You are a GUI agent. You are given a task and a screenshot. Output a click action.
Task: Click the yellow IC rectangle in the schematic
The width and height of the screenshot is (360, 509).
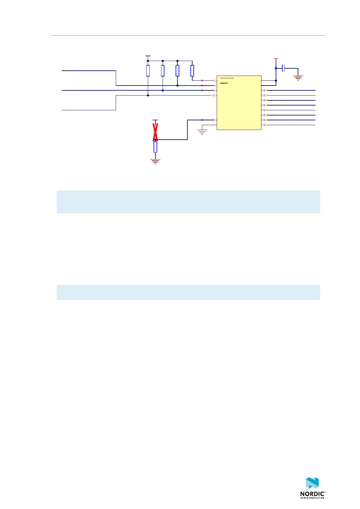pyautogui.click(x=239, y=103)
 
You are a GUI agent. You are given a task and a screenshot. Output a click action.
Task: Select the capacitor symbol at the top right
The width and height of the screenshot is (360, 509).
pyautogui.click(x=283, y=68)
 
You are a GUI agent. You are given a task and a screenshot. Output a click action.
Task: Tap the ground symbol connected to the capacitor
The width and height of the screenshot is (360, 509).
pyautogui.click(x=298, y=77)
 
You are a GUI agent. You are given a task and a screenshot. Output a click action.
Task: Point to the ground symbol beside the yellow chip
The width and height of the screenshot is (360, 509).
pyautogui.click(x=202, y=131)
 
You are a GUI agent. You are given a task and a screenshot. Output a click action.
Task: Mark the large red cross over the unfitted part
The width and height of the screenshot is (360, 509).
pyautogui.click(x=155, y=132)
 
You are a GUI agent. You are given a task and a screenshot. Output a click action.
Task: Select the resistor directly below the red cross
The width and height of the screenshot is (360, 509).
pyautogui.click(x=155, y=147)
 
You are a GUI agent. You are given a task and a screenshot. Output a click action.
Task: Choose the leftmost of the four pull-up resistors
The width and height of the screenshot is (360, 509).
pyautogui.click(x=148, y=70)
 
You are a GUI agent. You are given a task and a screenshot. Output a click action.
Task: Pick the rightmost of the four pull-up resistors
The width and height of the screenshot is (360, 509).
pyautogui.click(x=192, y=70)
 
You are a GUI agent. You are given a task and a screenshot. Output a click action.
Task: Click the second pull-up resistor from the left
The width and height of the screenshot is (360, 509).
pyautogui.click(x=163, y=70)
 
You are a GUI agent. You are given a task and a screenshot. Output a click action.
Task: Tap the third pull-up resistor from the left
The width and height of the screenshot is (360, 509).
pyautogui.click(x=177, y=70)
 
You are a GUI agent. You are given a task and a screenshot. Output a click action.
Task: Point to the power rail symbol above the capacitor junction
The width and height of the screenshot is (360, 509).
pyautogui.click(x=276, y=59)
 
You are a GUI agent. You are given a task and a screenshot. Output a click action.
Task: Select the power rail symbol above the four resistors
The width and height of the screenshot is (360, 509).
pyautogui.click(x=148, y=56)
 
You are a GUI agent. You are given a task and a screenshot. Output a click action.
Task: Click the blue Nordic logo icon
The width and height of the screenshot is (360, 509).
pyautogui.click(x=312, y=483)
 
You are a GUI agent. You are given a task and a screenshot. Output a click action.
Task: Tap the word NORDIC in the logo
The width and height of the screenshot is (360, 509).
pyautogui.click(x=313, y=494)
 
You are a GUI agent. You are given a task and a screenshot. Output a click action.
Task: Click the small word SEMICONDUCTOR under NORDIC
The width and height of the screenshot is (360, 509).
pyautogui.click(x=312, y=498)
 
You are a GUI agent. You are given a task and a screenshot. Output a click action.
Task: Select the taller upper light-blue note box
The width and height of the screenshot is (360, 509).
pyautogui.click(x=188, y=202)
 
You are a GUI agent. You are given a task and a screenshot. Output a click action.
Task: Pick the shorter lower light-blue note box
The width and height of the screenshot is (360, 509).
pyautogui.click(x=188, y=292)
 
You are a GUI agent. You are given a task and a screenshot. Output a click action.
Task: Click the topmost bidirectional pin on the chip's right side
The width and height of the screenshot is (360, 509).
pyautogui.click(x=264, y=90)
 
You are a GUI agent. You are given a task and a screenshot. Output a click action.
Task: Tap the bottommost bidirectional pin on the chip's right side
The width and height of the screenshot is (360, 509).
pyautogui.click(x=264, y=125)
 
